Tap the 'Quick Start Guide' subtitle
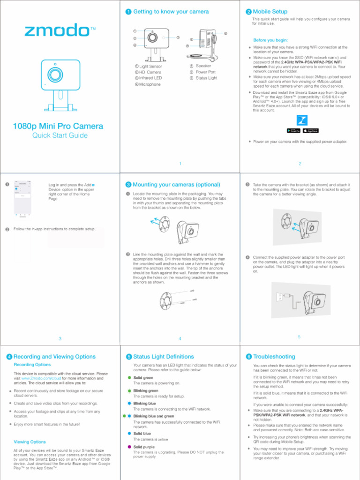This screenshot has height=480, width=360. coord(60,136)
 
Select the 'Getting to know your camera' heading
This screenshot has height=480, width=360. coord(171,11)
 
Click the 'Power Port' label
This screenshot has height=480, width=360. coord(205,72)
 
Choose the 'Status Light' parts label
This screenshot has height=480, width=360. coord(206,78)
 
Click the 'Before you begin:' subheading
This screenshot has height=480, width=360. coord(270,40)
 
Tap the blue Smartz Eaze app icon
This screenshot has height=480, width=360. coord(302,120)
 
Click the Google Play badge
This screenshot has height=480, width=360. coord(293,130)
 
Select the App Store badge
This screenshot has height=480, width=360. coord(311,130)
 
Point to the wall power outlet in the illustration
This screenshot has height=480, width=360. coord(280,296)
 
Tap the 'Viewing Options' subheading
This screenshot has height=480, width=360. coord(30,442)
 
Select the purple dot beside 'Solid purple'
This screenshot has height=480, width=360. coord(129,447)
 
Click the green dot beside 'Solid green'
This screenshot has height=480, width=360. coord(129,377)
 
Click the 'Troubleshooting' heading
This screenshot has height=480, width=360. coord(275,357)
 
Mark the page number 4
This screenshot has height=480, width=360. coord(180,338)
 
